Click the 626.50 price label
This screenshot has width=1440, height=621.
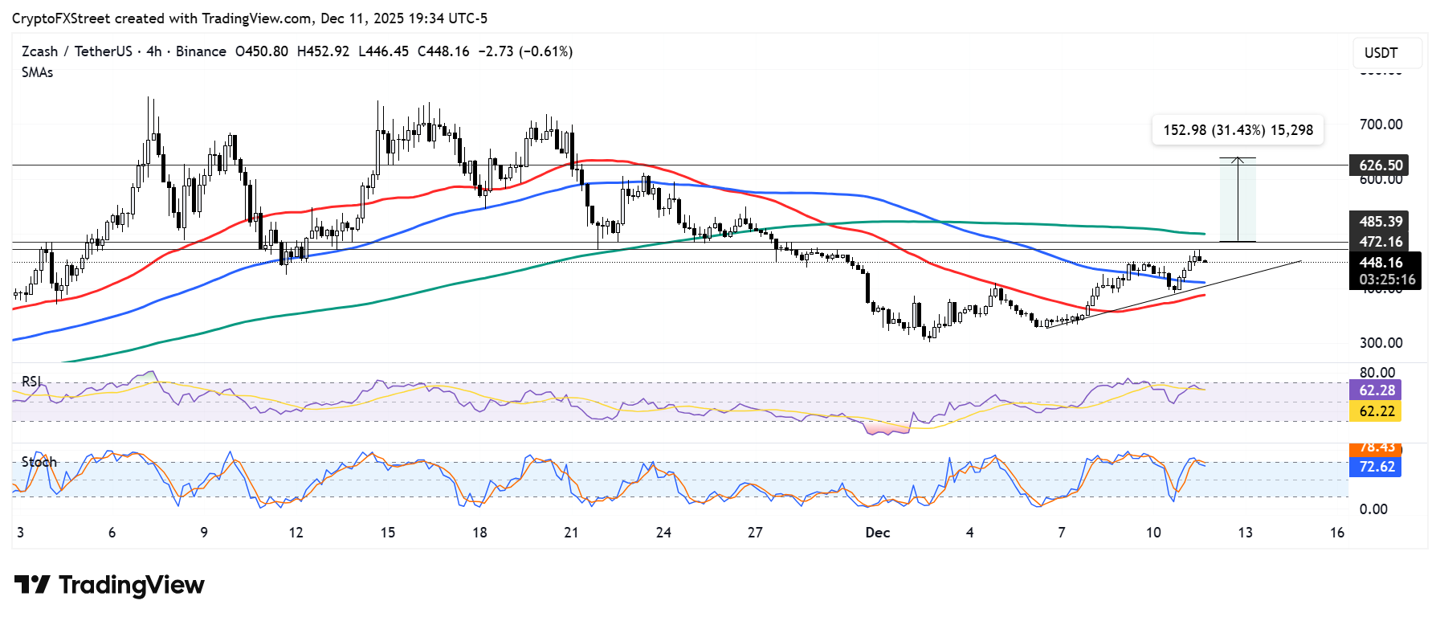tap(1381, 165)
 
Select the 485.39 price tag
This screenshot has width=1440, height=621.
tap(1381, 221)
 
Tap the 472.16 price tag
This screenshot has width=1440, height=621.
tap(1381, 241)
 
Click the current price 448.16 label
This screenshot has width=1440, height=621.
tap(1381, 262)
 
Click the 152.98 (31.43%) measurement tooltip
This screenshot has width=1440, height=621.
tap(1238, 130)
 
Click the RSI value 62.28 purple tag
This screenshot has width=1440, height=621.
tap(1377, 390)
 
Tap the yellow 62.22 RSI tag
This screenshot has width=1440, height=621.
tap(1377, 411)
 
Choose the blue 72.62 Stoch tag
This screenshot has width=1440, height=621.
tap(1377, 467)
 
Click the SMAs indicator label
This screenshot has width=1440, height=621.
tap(38, 72)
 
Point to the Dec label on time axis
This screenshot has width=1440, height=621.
tap(877, 533)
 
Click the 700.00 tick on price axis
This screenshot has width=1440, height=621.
tap(1381, 125)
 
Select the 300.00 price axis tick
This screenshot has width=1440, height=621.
tap(1381, 343)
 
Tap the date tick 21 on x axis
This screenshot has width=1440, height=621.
tap(571, 533)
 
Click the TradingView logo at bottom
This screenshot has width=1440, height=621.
tap(109, 585)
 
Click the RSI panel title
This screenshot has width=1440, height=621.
tap(31, 382)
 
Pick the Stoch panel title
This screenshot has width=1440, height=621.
tap(39, 462)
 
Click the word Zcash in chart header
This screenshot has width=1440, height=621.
tap(39, 51)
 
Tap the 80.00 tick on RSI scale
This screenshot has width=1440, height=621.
tap(1377, 373)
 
